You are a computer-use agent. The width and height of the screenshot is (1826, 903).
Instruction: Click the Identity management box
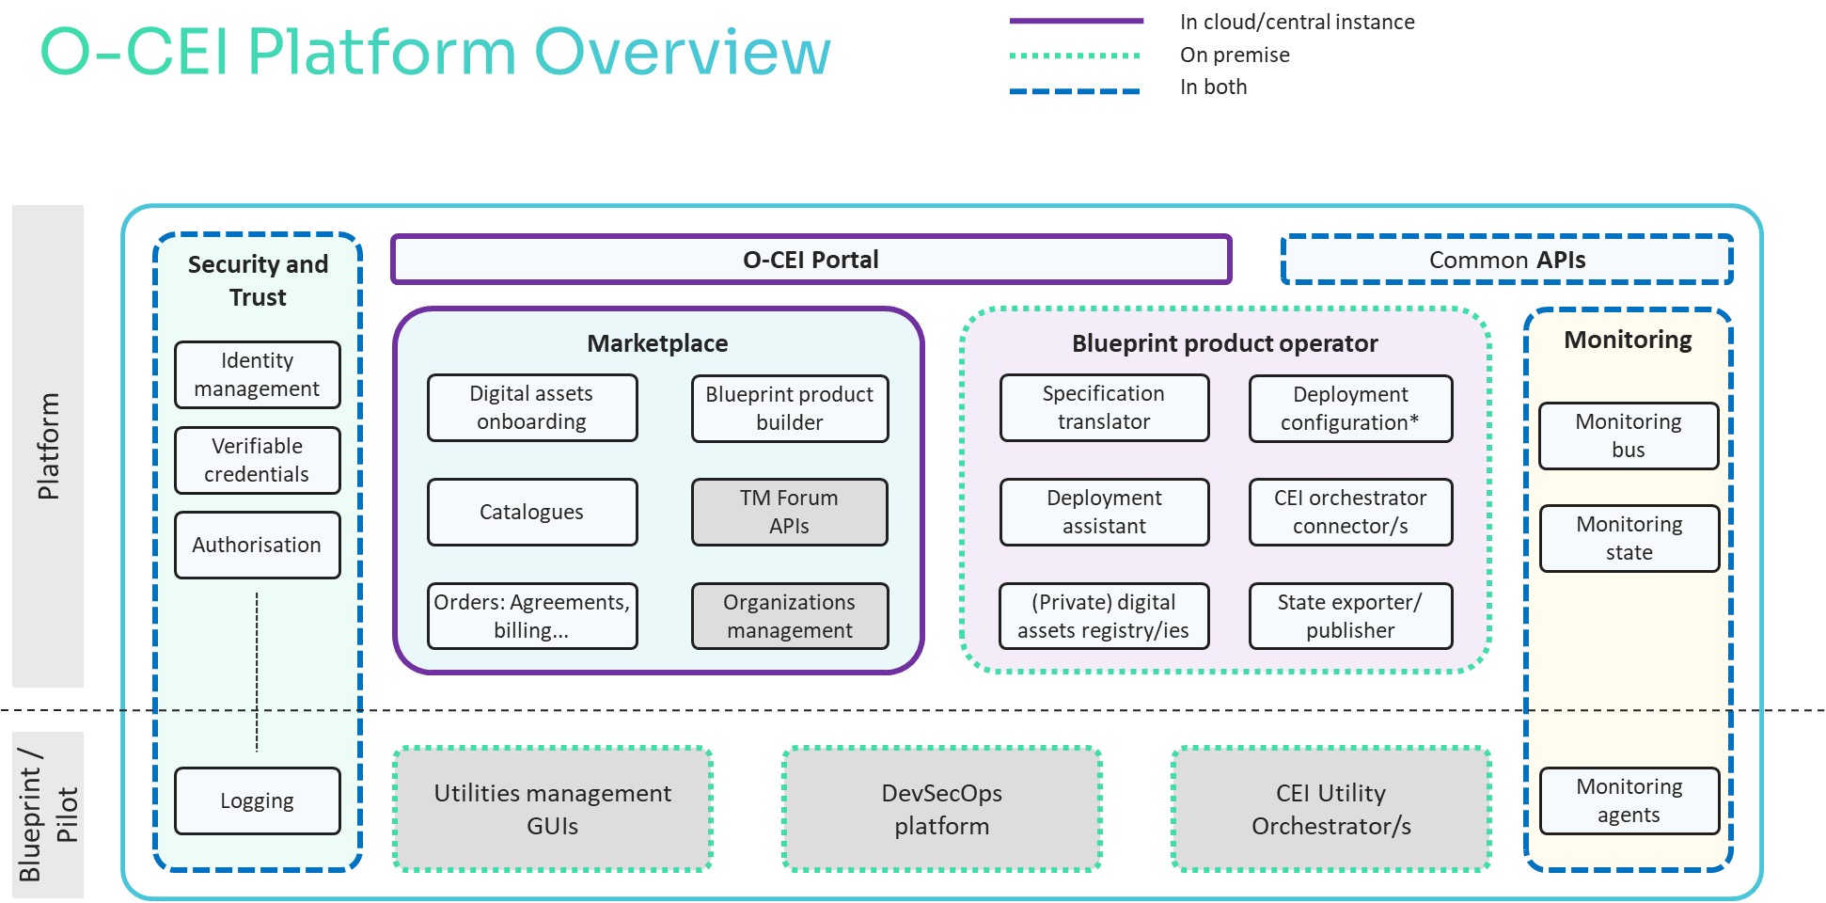point(257,374)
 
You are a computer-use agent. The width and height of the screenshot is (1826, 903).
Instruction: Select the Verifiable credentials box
point(257,460)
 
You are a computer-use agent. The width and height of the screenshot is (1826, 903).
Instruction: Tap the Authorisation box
point(257,545)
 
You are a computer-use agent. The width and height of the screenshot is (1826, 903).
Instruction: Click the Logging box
point(257,800)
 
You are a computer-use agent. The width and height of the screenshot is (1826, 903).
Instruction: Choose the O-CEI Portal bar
point(811,260)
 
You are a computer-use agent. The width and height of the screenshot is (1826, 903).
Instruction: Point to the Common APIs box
point(1506,260)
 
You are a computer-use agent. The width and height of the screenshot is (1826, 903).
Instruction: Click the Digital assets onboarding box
point(532,407)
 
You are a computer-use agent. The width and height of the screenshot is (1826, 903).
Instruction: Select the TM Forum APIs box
point(790,512)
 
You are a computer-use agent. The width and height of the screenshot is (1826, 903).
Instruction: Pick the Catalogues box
point(532,512)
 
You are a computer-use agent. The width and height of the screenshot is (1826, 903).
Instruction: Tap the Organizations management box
point(790,616)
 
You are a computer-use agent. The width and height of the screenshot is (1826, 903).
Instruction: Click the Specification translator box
point(1104,407)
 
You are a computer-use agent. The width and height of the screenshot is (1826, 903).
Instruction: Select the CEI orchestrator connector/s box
point(1350,512)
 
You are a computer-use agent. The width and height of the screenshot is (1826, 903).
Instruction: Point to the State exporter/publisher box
point(1350,616)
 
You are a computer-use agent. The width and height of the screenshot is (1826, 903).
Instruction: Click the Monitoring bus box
point(1629,436)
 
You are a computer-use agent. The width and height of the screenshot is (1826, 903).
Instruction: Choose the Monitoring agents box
point(1629,800)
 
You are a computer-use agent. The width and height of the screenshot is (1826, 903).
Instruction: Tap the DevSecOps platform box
point(942,809)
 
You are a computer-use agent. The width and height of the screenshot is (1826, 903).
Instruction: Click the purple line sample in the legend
point(1076,21)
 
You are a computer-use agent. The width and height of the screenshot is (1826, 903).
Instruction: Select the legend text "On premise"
point(1235,55)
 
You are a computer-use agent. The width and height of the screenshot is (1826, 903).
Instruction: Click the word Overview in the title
point(683,51)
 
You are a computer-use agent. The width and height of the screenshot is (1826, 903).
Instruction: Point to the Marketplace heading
point(657,343)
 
